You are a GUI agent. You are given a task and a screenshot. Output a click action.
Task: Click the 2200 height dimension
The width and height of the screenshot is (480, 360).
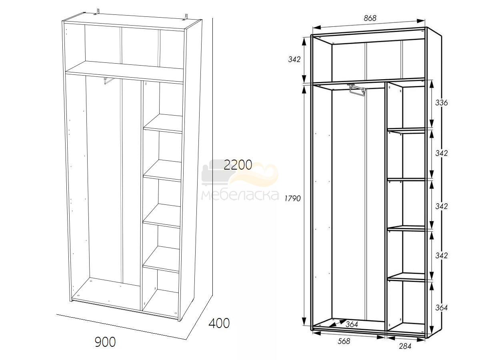238,165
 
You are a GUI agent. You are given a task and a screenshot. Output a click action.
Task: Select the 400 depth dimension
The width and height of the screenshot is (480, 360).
219,323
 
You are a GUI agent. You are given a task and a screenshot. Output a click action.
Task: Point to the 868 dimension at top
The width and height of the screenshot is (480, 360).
370,18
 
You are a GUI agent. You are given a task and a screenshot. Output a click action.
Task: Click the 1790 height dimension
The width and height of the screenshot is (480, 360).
293,198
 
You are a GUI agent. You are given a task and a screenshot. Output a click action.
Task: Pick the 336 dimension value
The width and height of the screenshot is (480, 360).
441,102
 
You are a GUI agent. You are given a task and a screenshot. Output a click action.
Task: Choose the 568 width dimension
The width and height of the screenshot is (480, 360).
344,341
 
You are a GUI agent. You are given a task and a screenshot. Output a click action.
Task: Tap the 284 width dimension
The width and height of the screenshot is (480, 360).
405,346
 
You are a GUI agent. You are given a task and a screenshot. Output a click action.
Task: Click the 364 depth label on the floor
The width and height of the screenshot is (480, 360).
352,324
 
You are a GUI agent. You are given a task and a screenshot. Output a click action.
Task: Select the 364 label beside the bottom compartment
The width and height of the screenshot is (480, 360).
442,308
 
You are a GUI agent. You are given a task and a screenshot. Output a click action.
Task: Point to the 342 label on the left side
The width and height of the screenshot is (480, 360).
294,59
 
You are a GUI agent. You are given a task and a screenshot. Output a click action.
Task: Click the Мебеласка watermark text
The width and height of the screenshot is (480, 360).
240,195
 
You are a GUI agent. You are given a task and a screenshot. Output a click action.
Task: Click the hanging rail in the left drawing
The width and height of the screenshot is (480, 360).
109,80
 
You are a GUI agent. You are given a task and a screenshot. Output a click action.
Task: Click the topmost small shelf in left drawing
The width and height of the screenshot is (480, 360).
163,123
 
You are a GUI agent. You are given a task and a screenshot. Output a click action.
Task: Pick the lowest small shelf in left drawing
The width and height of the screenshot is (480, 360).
161,259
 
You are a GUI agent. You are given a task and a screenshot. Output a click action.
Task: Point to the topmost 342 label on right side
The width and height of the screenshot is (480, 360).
442,153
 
